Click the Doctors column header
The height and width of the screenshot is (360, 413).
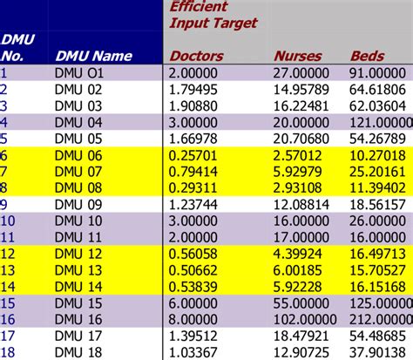tap(196, 56)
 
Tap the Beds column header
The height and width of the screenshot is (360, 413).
tap(367, 56)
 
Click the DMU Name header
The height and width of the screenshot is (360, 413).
tap(93, 56)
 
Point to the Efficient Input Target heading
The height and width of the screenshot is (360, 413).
tap(213, 15)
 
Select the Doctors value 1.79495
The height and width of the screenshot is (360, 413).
tap(196, 88)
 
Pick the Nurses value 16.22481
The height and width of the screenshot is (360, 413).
tap(303, 104)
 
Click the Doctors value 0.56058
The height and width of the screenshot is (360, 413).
tap(196, 253)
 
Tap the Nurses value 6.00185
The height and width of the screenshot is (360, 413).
tap(303, 269)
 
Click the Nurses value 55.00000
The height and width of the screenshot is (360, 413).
tap(303, 302)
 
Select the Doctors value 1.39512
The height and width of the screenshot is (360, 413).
tap(196, 334)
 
